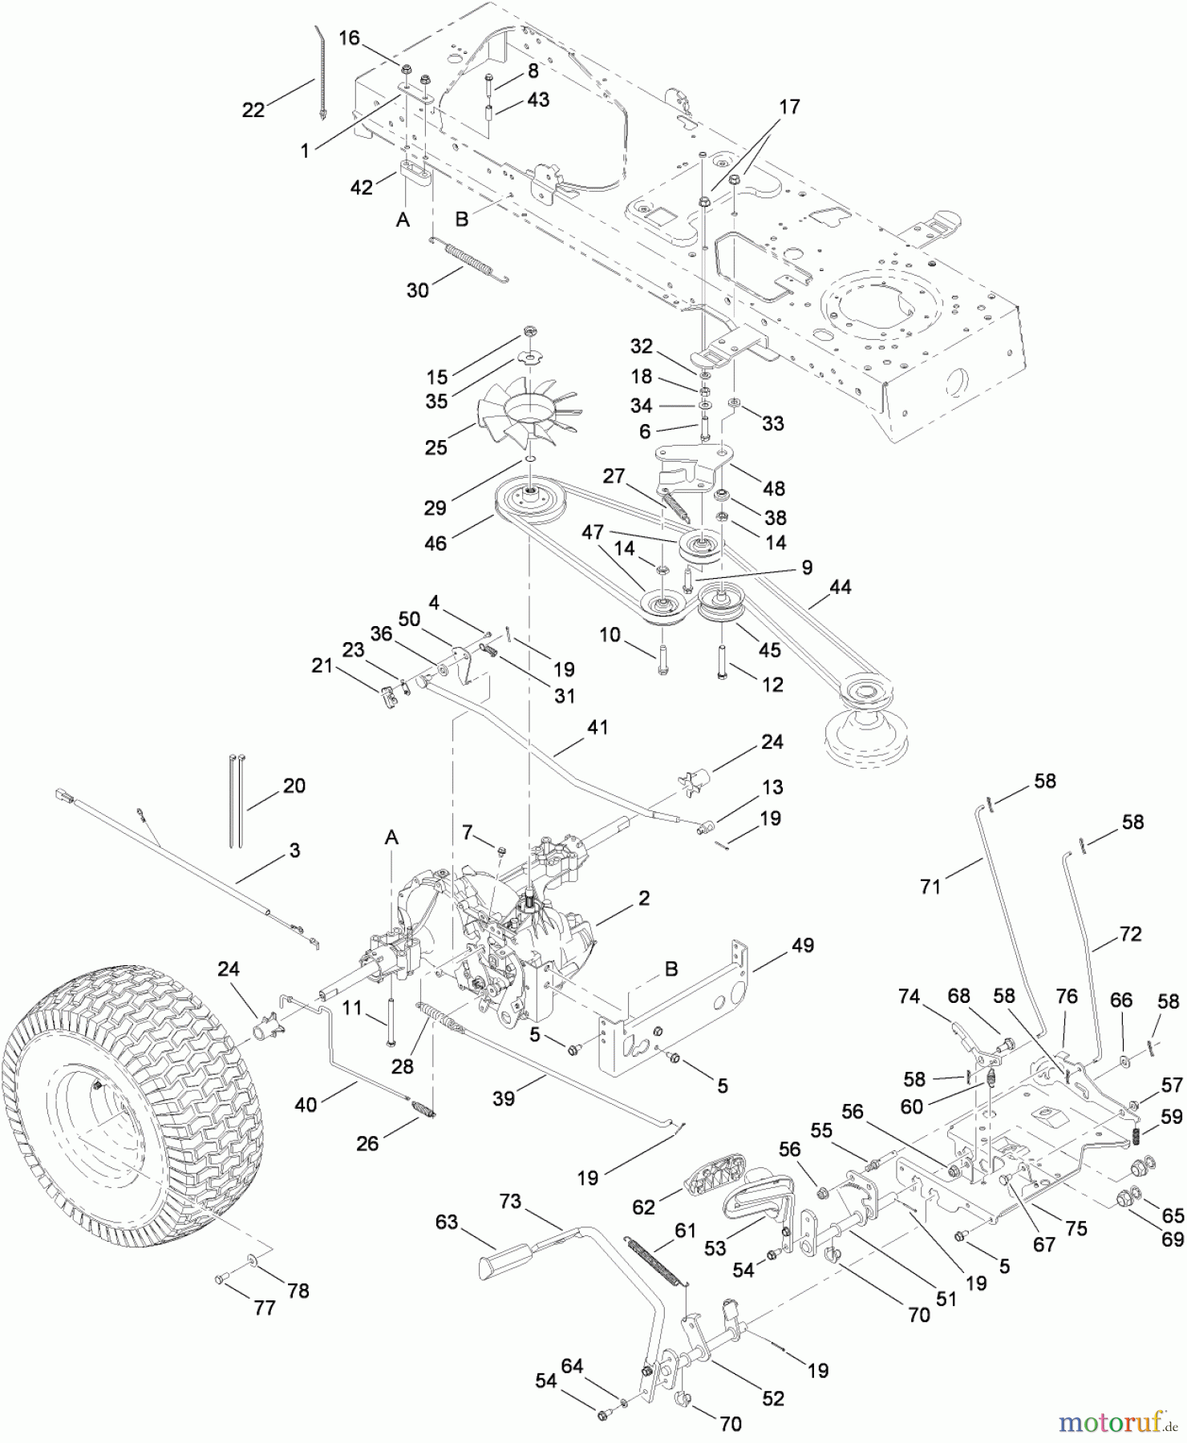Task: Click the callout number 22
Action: point(253,111)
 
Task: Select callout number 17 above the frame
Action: point(790,107)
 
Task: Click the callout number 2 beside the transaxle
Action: point(644,898)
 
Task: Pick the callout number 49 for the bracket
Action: point(802,945)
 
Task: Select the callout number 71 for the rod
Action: point(930,887)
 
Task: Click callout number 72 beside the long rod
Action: point(1130,934)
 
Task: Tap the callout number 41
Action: point(598,727)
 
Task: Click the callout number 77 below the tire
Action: point(265,1308)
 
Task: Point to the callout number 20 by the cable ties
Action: point(294,786)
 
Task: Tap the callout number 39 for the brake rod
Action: point(504,1098)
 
